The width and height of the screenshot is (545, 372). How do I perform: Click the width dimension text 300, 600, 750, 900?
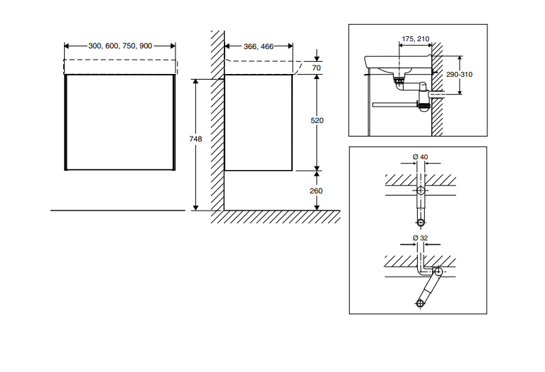point(120,46)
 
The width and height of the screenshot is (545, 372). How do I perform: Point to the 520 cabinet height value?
point(318,121)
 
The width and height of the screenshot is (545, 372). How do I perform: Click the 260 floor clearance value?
point(318,191)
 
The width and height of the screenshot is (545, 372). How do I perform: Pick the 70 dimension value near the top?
point(317,68)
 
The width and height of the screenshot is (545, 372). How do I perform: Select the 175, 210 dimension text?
point(415,38)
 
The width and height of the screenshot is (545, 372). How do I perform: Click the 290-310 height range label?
point(460,75)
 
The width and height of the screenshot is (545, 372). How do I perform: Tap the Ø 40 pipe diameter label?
point(420,156)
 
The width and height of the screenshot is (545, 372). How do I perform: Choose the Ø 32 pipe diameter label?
point(420,238)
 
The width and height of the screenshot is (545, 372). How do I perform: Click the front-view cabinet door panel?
point(119,122)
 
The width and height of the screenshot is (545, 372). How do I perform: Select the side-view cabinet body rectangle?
point(259,122)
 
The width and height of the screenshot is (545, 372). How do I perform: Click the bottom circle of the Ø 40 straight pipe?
point(420,222)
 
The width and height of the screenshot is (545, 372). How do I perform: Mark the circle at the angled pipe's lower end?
point(420,304)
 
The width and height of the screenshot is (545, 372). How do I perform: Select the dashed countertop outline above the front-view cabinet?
point(119,67)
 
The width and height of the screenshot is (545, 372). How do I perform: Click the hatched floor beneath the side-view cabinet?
point(277,217)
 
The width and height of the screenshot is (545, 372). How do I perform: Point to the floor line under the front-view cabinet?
point(117,211)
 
